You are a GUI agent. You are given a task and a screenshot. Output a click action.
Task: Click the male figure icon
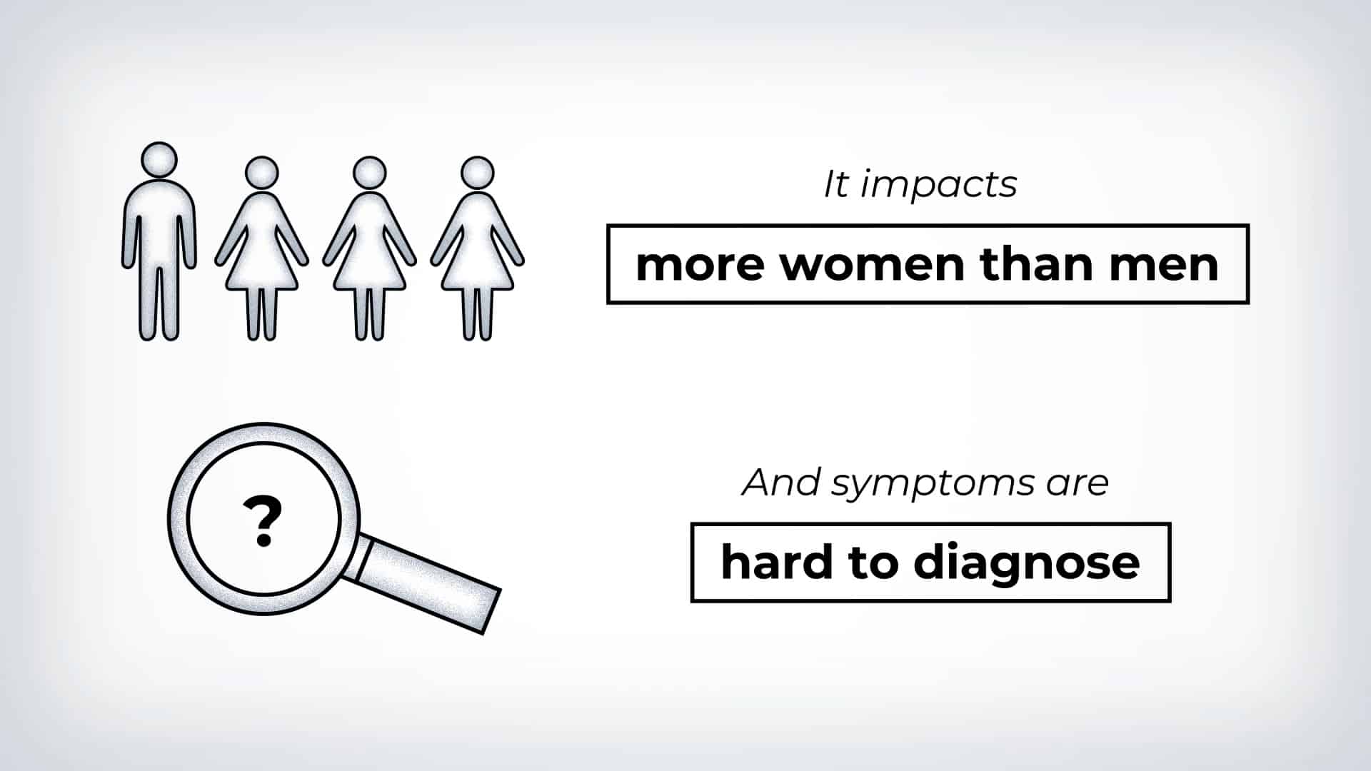coord(159,243)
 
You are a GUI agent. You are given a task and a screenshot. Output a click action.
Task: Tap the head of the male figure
coord(159,159)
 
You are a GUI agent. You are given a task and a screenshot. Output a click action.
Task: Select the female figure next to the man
coord(261,250)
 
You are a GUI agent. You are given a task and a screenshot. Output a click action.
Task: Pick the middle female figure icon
coord(369,250)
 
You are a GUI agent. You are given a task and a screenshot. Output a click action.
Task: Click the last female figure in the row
coord(477,250)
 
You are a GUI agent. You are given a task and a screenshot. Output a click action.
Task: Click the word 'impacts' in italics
coord(938,186)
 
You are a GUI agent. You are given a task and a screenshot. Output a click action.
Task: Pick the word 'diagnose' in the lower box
coord(1027,564)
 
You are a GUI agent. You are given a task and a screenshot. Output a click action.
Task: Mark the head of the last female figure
coord(477,173)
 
